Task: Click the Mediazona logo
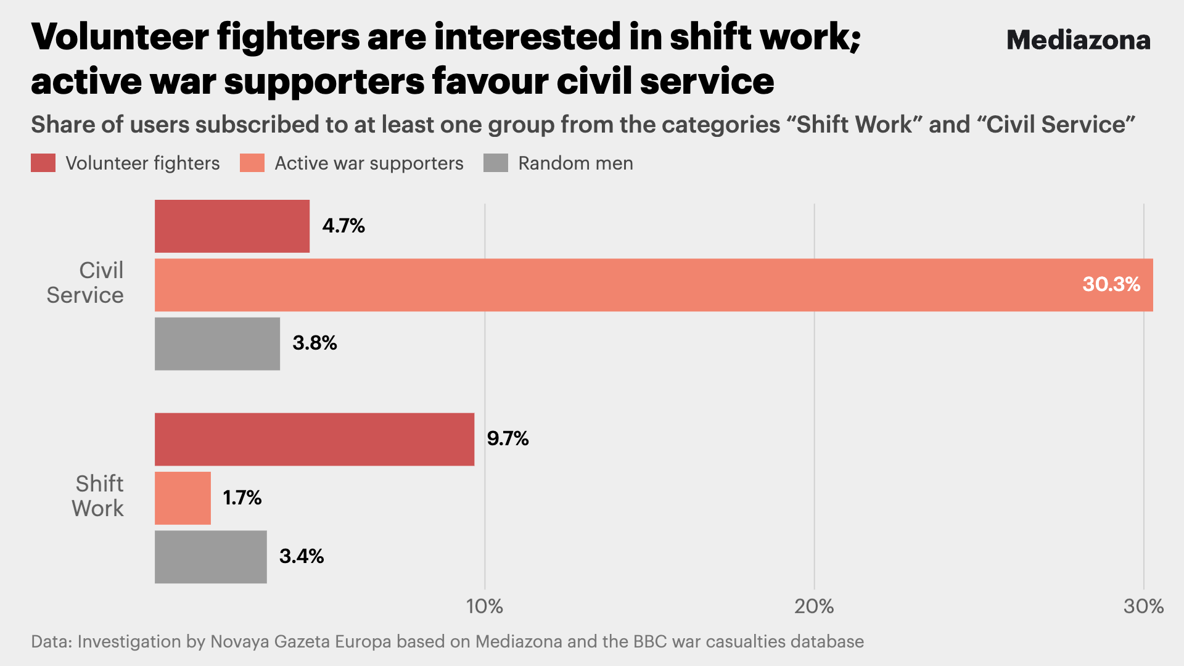tap(1078, 41)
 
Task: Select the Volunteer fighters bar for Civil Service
tap(232, 226)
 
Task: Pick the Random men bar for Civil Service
tap(217, 343)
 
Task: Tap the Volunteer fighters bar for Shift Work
tap(314, 439)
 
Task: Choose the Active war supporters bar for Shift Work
tap(183, 498)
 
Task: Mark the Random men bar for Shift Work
tap(211, 557)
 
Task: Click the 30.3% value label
tap(1111, 284)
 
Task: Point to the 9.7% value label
tap(508, 438)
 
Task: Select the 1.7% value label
tap(242, 498)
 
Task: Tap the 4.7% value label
tap(343, 226)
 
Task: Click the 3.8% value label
tap(314, 343)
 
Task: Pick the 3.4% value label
tap(302, 556)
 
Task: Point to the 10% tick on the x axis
tap(485, 607)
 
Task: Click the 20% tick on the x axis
tap(814, 607)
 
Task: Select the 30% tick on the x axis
tap(1143, 607)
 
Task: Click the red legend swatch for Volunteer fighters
tap(43, 163)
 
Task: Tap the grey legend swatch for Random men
tap(496, 163)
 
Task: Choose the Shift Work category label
tap(99, 496)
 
